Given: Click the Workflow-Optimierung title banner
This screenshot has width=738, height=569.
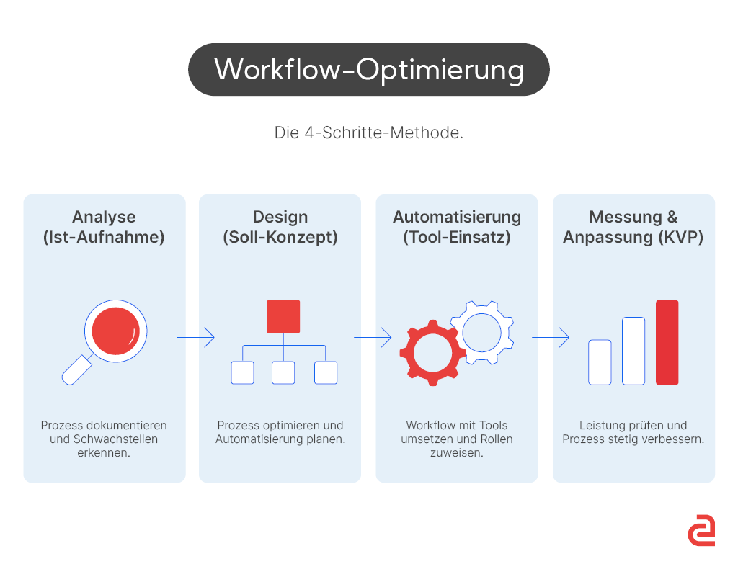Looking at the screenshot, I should point(368,70).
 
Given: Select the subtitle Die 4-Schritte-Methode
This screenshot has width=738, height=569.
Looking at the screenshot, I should point(368,133).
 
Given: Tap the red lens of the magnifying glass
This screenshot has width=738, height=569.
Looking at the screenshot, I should point(116,331).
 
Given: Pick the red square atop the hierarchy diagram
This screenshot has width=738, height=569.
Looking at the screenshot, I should point(283,316).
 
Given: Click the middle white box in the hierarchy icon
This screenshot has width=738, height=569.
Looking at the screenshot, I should point(283,372).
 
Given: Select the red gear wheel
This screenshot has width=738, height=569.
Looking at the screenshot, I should point(429,352).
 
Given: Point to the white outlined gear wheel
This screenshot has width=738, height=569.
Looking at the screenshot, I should point(481,332).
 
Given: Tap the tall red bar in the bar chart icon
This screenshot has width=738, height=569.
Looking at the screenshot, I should point(667,342).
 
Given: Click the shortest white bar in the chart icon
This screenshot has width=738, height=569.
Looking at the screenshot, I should point(600,362).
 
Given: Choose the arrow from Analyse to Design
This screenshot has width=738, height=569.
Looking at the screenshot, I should point(195,337).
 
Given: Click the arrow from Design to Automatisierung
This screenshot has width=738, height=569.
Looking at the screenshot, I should point(372,337).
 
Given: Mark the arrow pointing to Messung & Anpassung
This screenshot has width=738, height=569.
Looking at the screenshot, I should point(550,337).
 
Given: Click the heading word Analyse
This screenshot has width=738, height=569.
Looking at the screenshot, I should point(104,217).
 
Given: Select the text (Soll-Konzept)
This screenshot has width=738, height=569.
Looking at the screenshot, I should point(280,237).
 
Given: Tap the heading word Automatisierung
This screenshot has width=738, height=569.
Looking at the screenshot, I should point(457,217).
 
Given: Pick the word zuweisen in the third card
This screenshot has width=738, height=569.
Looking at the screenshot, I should point(457,453).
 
